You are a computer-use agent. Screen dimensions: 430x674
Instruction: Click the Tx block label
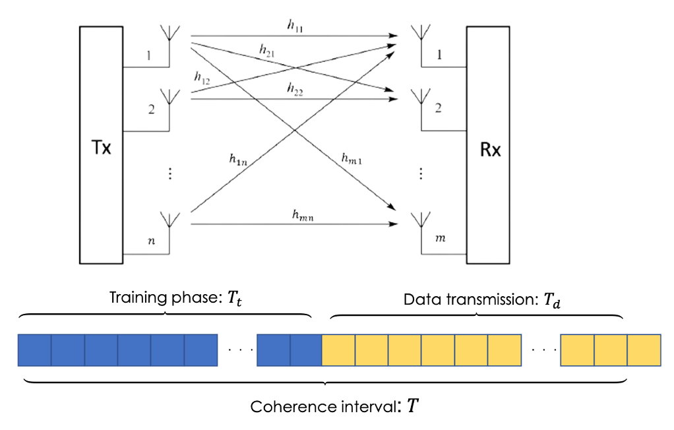(x=101, y=148)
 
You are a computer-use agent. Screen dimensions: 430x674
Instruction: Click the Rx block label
(x=490, y=150)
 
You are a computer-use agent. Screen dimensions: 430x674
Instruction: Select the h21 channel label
(x=266, y=49)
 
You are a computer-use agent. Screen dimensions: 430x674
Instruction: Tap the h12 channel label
(x=202, y=77)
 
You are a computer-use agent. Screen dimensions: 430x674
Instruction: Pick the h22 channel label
(x=295, y=88)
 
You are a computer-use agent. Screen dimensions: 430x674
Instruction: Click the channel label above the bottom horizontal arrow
(x=303, y=214)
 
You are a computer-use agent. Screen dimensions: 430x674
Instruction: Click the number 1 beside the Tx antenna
(x=148, y=57)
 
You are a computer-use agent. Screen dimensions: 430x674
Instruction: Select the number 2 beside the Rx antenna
(x=438, y=107)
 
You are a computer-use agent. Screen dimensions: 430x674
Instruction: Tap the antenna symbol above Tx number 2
(x=169, y=98)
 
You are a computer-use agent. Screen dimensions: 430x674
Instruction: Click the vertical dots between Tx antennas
(x=169, y=173)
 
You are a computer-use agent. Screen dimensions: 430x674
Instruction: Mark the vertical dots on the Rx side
(x=420, y=173)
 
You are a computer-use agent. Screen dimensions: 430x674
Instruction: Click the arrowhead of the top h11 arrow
(x=394, y=36)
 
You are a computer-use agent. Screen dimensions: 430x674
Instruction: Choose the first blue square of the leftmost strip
(x=34, y=350)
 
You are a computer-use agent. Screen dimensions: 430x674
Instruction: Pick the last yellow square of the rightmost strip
(x=644, y=350)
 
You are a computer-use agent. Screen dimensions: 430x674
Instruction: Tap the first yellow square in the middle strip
(x=338, y=350)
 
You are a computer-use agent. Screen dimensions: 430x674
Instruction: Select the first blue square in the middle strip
(x=273, y=350)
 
